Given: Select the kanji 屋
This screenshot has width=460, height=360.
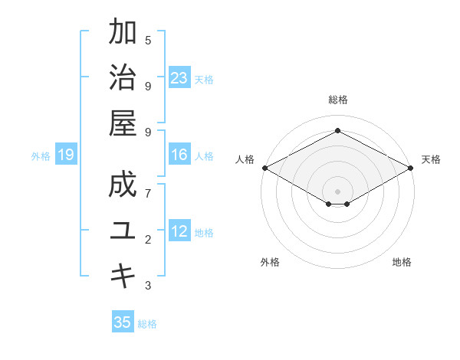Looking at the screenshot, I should pyautogui.click(x=123, y=123).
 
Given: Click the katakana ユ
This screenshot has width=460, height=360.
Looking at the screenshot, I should pyautogui.click(x=123, y=230).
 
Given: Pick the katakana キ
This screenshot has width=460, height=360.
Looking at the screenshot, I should pyautogui.click(x=123, y=275).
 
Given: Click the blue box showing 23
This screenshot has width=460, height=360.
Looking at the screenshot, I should pyautogui.click(x=179, y=77).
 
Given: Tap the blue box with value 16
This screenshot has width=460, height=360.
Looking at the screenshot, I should pyautogui.click(x=179, y=155).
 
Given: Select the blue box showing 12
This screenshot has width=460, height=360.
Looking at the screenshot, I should pyautogui.click(x=179, y=231).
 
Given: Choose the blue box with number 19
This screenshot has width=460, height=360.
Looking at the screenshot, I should pyautogui.click(x=66, y=155).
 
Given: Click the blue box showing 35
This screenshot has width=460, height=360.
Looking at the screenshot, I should pyautogui.click(x=123, y=322).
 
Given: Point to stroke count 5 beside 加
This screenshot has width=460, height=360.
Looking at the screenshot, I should pyautogui.click(x=148, y=40).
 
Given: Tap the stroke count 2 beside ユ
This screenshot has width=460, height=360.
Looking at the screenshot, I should pyautogui.click(x=148, y=240).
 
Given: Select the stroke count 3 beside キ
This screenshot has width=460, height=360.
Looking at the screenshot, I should pyautogui.click(x=148, y=286).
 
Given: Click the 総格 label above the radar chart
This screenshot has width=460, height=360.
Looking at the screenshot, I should pyautogui.click(x=337, y=100).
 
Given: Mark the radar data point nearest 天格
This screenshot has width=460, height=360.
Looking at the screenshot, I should pyautogui.click(x=411, y=168).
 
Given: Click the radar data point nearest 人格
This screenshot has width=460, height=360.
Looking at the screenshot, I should pyautogui.click(x=264, y=168).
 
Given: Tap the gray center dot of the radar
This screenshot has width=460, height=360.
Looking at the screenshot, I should pyautogui.click(x=337, y=191).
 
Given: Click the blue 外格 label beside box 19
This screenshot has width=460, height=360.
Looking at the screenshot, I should pyautogui.click(x=41, y=156).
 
